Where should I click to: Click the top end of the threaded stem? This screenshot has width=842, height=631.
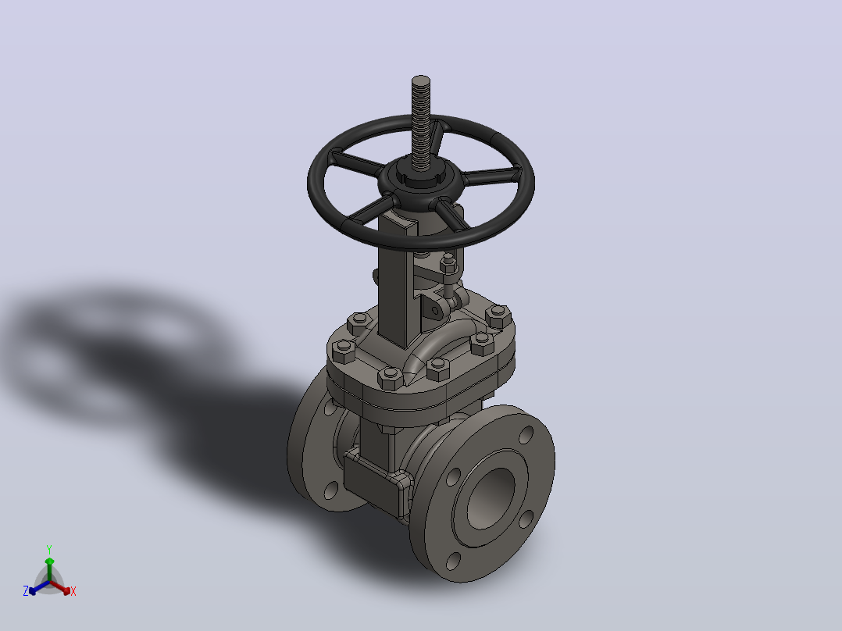pyautogui.click(x=421, y=80)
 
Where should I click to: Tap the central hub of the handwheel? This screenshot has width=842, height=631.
pyautogui.click(x=420, y=180)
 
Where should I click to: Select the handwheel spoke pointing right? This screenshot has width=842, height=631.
pyautogui.click(x=491, y=176)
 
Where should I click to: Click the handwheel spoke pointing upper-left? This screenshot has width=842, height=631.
pyautogui.click(x=356, y=161)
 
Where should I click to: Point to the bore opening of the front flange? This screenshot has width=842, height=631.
pyautogui.click(x=491, y=497)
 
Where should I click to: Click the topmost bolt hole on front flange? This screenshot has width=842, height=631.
pyautogui.click(x=526, y=435)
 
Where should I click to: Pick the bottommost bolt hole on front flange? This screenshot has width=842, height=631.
pyautogui.click(x=453, y=561)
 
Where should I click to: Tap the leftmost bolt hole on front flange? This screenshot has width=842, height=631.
pyautogui.click(x=454, y=477)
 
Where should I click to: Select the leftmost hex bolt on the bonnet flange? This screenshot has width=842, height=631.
pyautogui.click(x=343, y=351)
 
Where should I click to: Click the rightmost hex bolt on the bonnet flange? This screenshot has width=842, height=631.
pyautogui.click(x=498, y=315)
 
